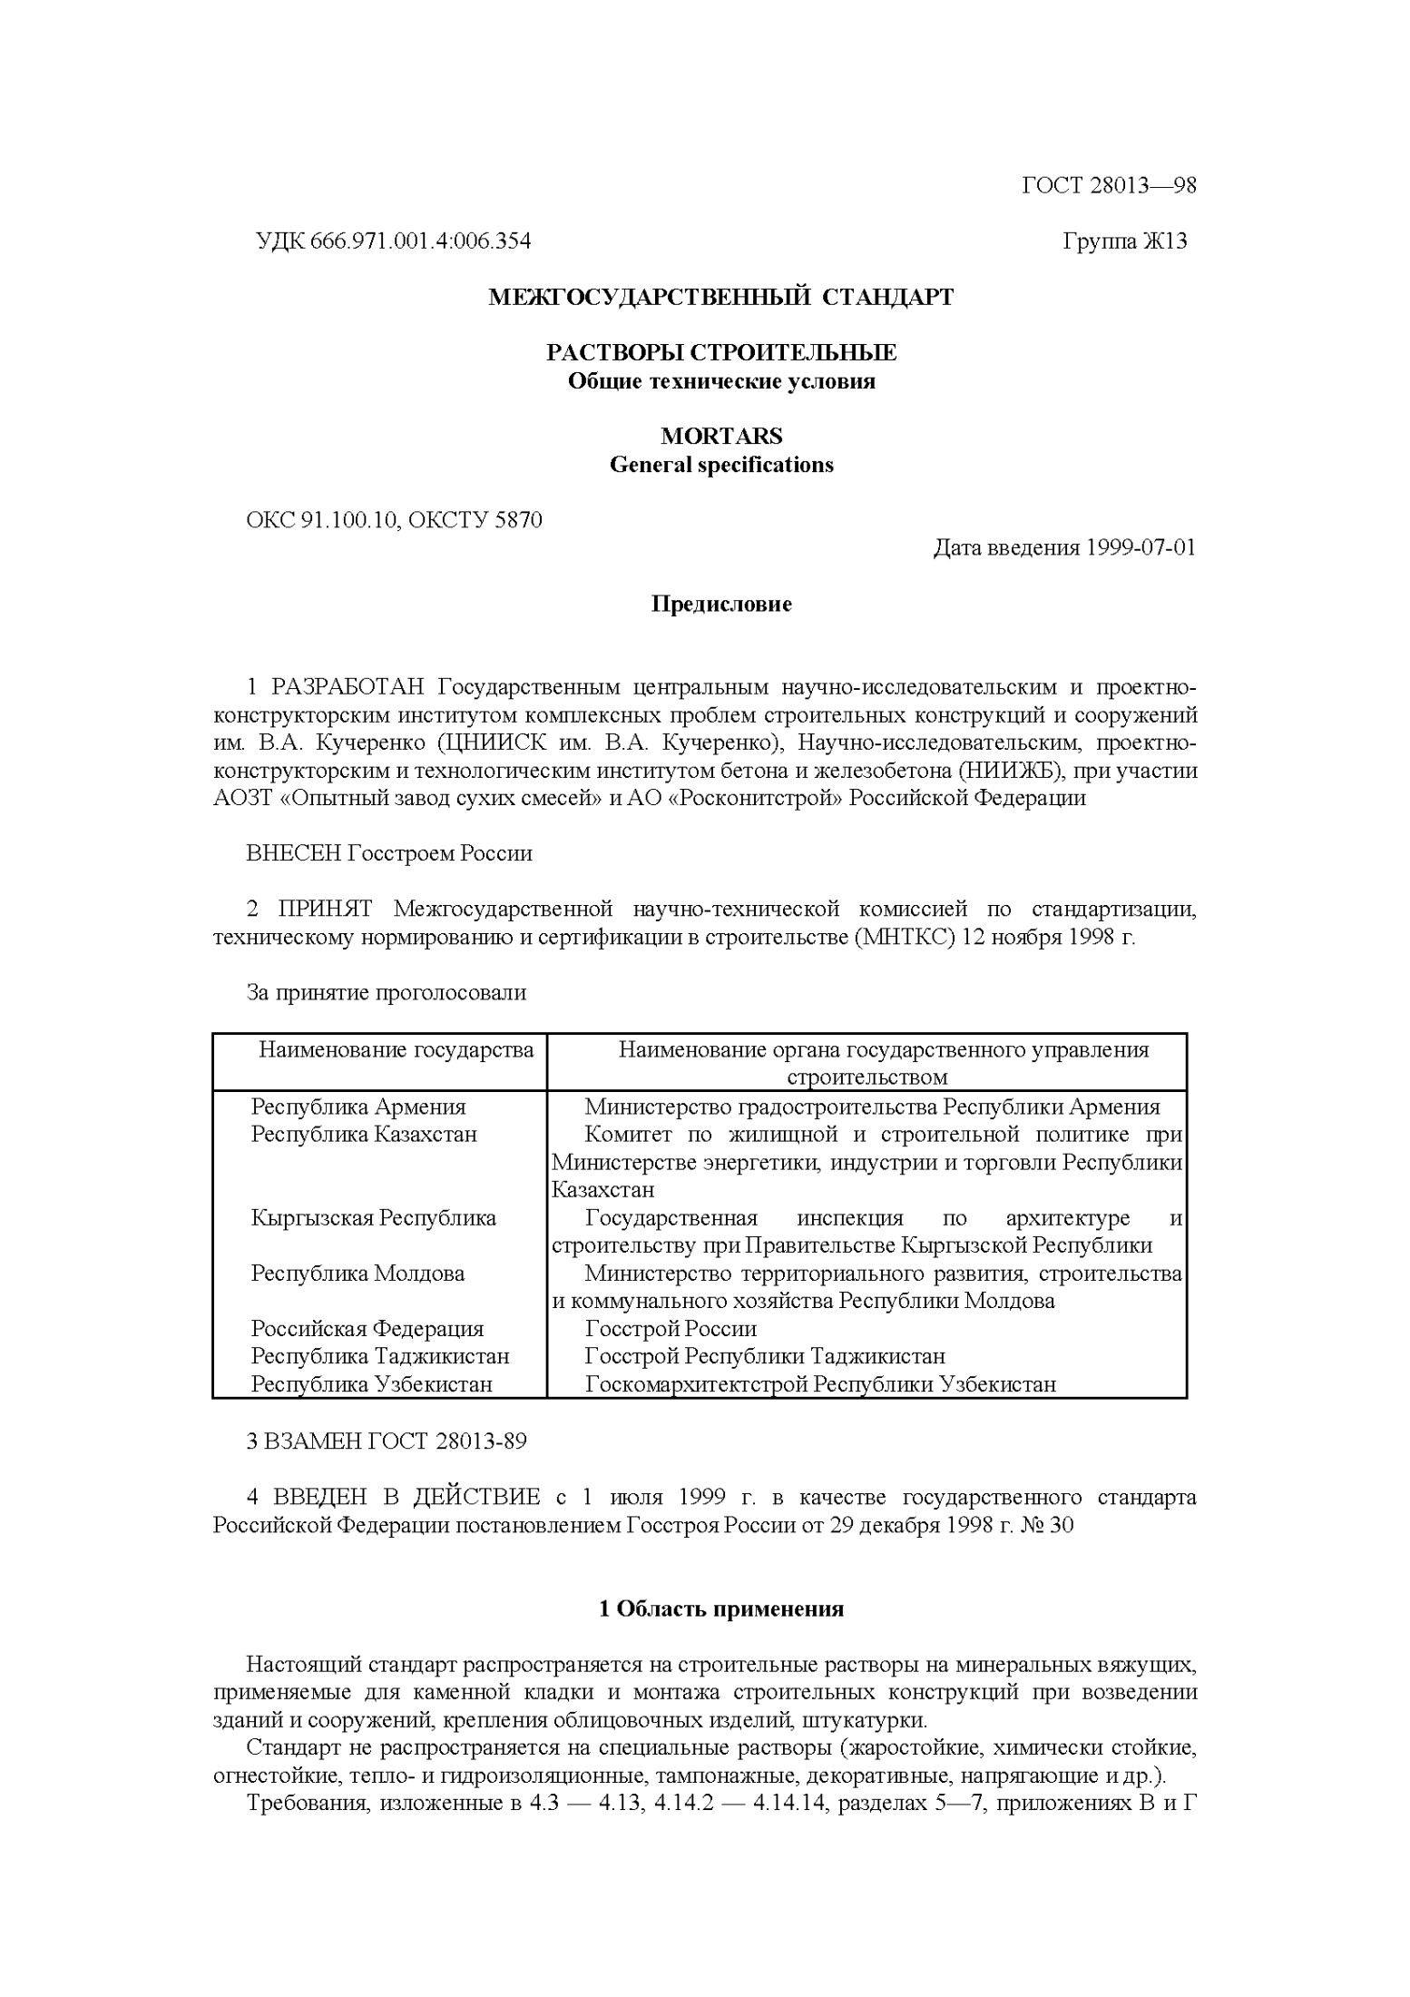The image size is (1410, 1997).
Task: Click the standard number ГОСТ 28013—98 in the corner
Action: click(1108, 185)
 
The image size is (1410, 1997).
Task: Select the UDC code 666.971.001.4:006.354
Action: click(420, 241)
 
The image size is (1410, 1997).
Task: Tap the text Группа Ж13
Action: click(1124, 241)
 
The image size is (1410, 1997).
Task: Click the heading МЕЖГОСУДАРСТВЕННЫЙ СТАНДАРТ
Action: click(721, 297)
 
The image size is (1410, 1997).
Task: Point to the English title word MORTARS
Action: click(721, 436)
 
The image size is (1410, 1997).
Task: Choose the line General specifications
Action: click(721, 465)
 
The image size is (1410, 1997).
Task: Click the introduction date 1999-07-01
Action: click(1140, 548)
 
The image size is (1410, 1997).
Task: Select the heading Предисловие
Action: click(721, 604)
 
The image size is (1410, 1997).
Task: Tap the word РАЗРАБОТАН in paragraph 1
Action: click(344, 687)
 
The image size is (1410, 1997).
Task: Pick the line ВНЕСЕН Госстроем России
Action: click(389, 853)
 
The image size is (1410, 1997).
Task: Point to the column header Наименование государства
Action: click(396, 1050)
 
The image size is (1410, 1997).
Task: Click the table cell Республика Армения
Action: click(358, 1107)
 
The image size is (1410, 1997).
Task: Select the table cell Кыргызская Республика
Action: click(373, 1217)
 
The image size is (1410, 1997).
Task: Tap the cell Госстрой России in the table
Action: click(671, 1329)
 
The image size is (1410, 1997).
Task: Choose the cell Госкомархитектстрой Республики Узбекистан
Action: click(820, 1384)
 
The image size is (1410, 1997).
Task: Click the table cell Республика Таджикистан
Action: click(380, 1356)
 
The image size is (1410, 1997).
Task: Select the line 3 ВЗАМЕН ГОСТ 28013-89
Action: click(387, 1441)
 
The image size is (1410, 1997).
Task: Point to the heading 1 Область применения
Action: click(721, 1608)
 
